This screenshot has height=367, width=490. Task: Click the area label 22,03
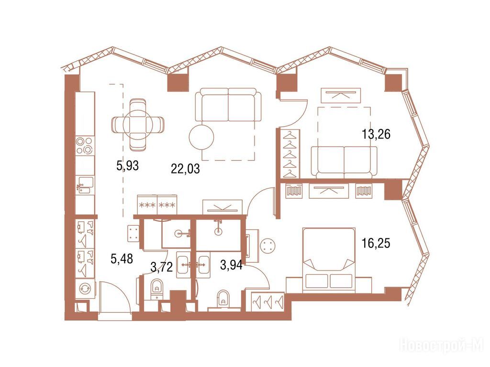click(185, 169)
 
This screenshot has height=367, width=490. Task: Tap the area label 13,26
click(376, 134)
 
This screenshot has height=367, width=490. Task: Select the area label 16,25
click(376, 243)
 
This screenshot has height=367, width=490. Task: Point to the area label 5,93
click(127, 166)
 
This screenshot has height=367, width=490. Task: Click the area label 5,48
click(122, 259)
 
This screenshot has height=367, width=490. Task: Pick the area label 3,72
click(162, 267)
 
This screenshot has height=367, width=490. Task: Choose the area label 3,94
click(231, 265)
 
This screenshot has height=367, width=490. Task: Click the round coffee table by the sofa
click(202, 137)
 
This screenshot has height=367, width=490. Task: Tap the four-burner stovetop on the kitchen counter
click(85, 145)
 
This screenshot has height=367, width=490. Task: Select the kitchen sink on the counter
click(85, 185)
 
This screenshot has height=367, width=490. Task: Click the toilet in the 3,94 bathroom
click(223, 298)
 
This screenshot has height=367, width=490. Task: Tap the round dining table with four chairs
click(138, 124)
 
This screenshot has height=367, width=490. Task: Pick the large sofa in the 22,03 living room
click(228, 105)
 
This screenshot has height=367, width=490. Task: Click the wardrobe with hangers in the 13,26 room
click(291, 154)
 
